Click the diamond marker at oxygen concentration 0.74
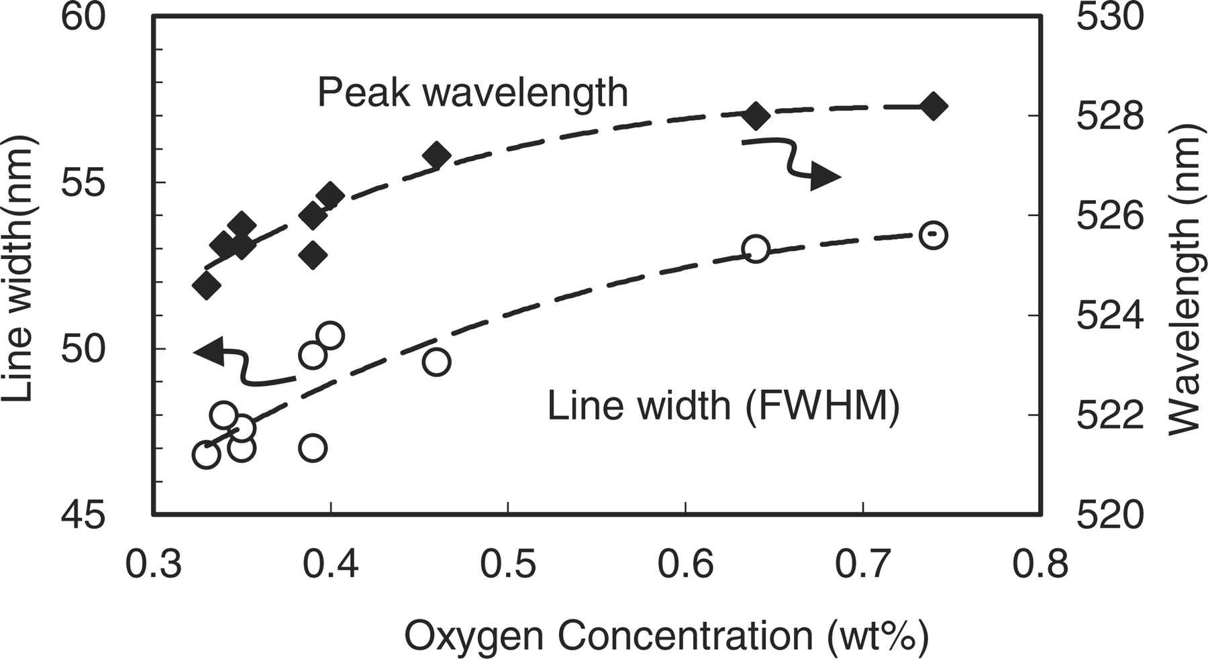click(933, 106)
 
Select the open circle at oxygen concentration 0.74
click(933, 236)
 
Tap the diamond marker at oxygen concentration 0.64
click(756, 116)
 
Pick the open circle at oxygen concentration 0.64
click(756, 249)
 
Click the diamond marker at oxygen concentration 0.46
click(436, 155)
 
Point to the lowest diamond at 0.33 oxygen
click(206, 286)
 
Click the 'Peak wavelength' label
click(472, 93)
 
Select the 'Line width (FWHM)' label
click(723, 406)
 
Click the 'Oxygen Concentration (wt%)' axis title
click(666, 636)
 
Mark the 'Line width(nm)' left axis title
click(19, 268)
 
